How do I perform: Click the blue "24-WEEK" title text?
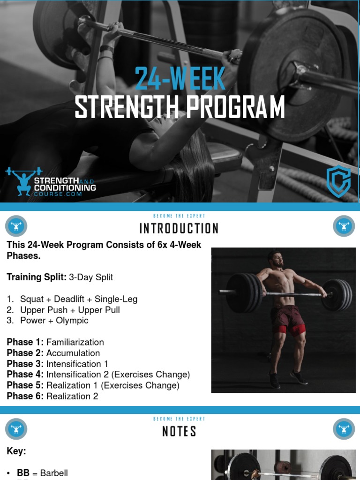180,79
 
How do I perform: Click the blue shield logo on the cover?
338,181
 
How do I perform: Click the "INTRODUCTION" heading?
179,228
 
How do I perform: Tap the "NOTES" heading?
179,431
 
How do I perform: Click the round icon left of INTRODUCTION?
16,226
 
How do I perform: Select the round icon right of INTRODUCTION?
344,226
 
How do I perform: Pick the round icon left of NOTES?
16,429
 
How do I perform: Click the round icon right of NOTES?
344,429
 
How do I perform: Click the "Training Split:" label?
37,277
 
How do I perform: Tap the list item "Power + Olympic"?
54,321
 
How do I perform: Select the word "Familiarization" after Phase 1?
75,342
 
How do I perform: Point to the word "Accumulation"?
73,353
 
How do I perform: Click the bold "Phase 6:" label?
25,396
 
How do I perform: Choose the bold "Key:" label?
16,451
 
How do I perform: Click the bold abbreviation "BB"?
23,473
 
